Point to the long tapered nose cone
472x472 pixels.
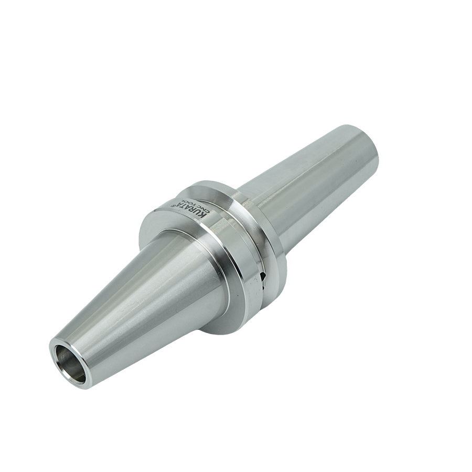click(x=142, y=304)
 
